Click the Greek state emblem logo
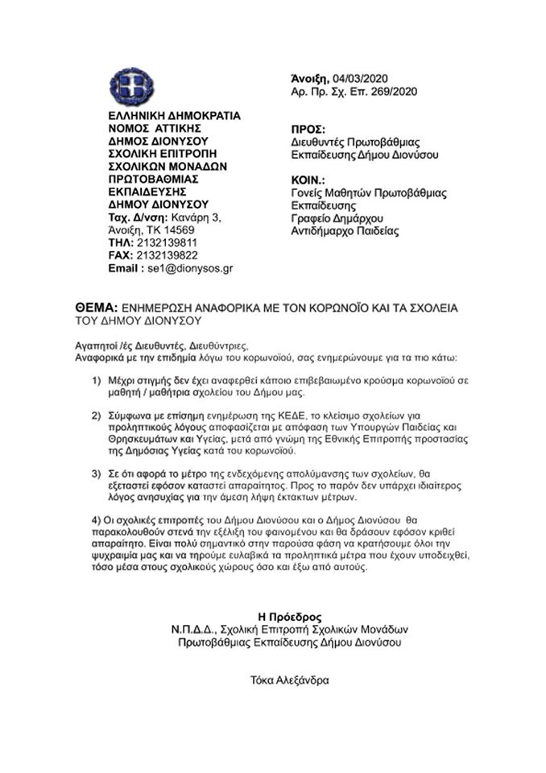(x=131, y=86)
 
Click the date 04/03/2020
(x=360, y=78)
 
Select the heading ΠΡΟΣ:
(x=308, y=129)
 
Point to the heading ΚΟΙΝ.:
(x=308, y=180)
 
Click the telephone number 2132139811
(x=168, y=242)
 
